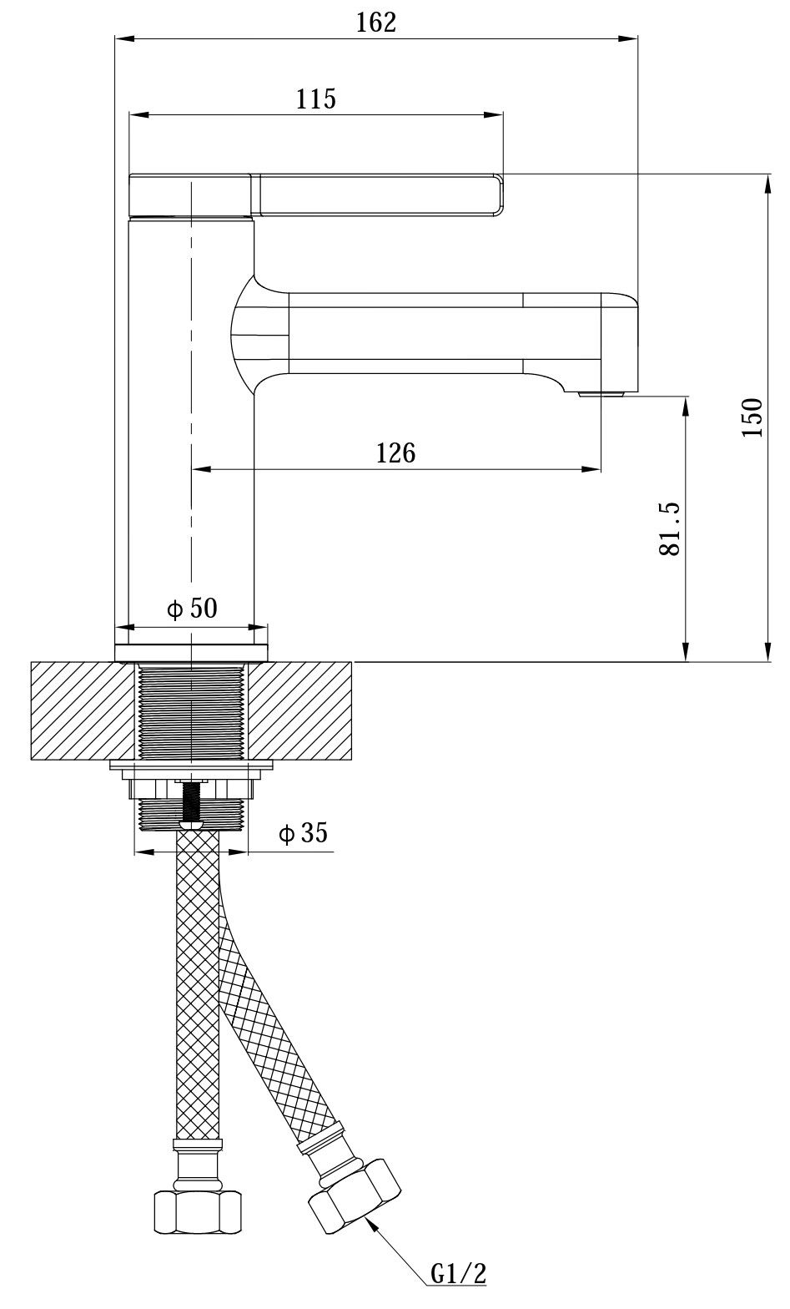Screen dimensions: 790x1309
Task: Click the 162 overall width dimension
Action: [x=376, y=23]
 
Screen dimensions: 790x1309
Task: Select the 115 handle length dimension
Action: [x=316, y=99]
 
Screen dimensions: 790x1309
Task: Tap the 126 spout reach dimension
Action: [x=395, y=452]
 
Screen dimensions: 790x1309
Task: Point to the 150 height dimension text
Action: [x=752, y=417]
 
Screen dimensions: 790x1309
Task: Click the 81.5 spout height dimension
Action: [x=670, y=529]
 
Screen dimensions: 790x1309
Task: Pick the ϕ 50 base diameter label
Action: [x=192, y=609]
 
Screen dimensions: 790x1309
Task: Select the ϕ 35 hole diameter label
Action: [x=303, y=833]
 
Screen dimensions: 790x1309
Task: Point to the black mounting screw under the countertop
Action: [x=191, y=802]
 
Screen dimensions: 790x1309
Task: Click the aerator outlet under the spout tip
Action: [x=602, y=394]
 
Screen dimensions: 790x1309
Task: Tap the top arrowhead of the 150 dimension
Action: [x=767, y=184]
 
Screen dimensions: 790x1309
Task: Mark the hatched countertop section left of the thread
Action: [x=83, y=710]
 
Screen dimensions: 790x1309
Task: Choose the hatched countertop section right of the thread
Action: [x=300, y=710]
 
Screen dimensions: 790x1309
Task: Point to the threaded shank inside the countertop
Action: [x=191, y=712]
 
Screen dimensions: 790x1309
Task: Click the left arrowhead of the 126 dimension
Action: [x=201, y=468]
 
